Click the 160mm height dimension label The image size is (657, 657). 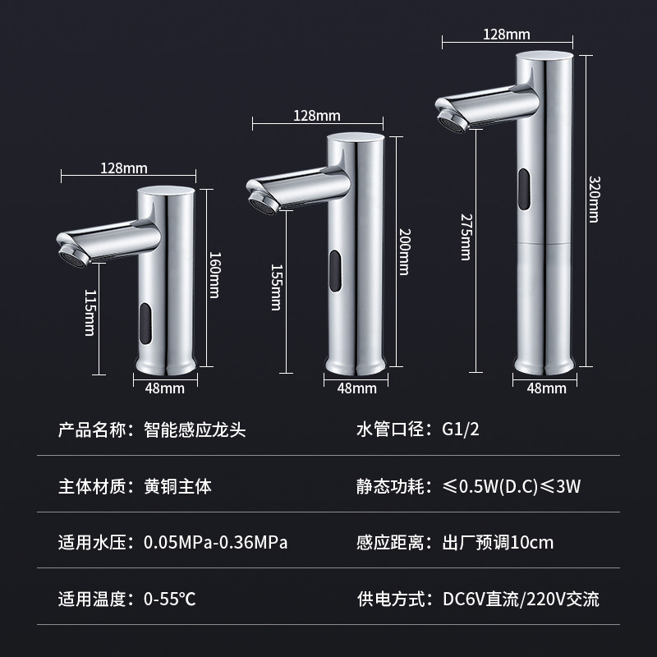click(214, 275)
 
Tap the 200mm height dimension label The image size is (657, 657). click(404, 252)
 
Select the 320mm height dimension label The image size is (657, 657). click(594, 199)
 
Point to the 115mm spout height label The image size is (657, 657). click(90, 313)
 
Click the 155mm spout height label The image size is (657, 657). click(276, 287)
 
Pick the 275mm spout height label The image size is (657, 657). click(466, 237)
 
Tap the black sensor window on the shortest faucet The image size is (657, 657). click(145, 324)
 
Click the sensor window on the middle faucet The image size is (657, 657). click(335, 271)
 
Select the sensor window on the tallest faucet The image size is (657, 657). click(524, 190)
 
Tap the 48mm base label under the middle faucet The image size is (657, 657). click(357, 388)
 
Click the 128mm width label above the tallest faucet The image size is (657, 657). click(507, 34)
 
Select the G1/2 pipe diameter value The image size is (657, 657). click(461, 430)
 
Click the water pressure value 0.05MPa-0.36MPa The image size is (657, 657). click(215, 543)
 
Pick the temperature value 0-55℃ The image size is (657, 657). click(170, 600)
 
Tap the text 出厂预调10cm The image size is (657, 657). click(498, 543)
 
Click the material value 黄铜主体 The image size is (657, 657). click(177, 486)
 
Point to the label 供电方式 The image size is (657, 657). click(391, 600)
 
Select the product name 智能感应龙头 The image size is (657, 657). click(195, 430)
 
